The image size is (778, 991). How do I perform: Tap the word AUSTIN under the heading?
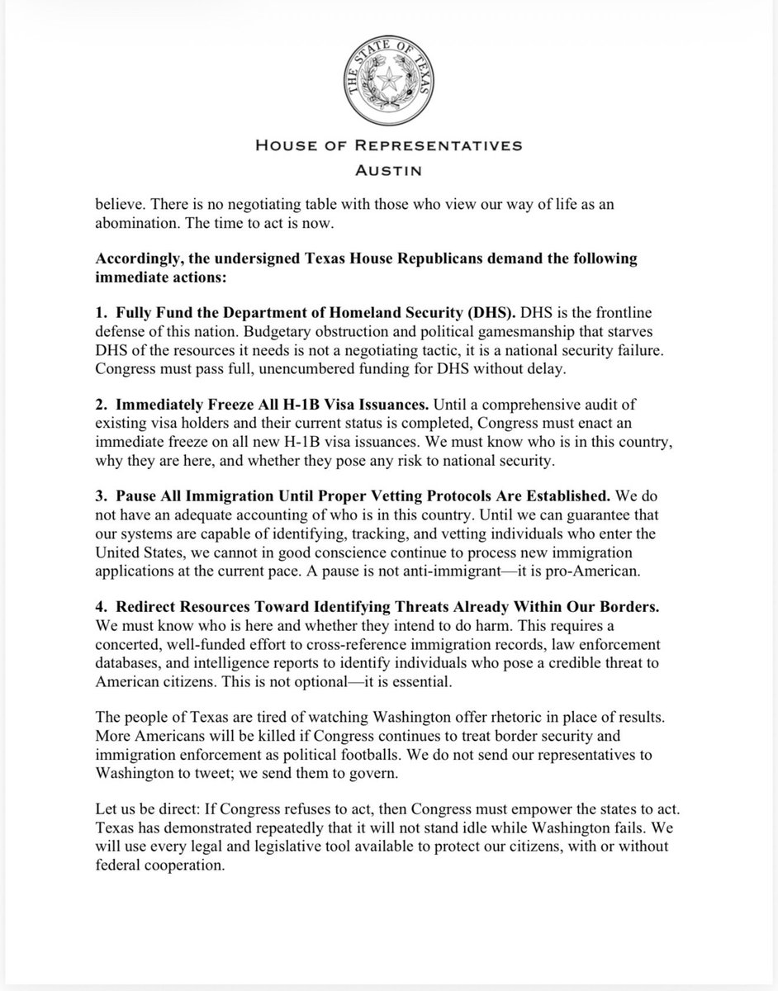coord(387,172)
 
